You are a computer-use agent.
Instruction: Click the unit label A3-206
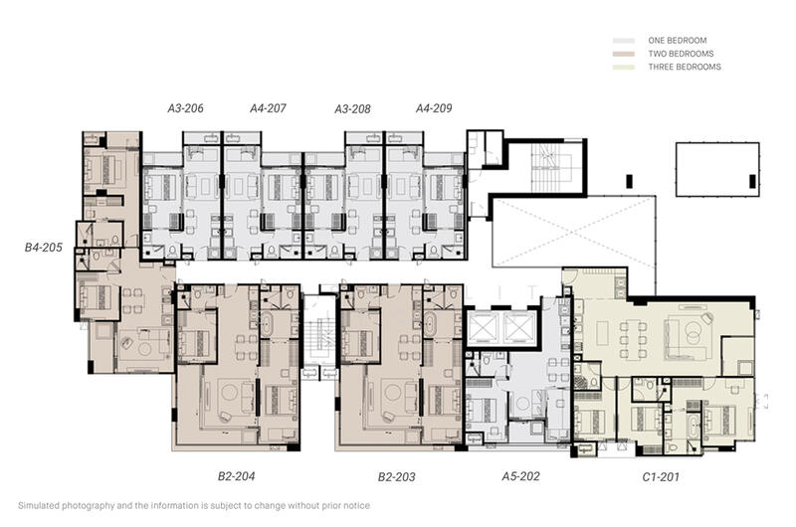pyautogui.click(x=185, y=108)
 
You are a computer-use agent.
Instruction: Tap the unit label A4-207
pyautogui.click(x=268, y=108)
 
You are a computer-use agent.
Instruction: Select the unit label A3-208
pyautogui.click(x=352, y=108)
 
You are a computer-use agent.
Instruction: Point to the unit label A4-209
pyautogui.click(x=434, y=108)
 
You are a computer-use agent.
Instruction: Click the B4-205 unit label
pyautogui.click(x=44, y=247)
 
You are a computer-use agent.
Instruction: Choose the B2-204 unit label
pyautogui.click(x=236, y=475)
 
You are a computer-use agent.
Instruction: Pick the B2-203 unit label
pyautogui.click(x=396, y=476)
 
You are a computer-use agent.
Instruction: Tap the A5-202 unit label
pyautogui.click(x=520, y=475)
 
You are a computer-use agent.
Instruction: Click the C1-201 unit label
pyautogui.click(x=661, y=476)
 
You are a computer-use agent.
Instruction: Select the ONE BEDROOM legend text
pyautogui.click(x=678, y=40)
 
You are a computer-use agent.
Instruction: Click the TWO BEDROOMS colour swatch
pyautogui.click(x=624, y=54)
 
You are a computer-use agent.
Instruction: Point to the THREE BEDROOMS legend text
pyautogui.click(x=685, y=67)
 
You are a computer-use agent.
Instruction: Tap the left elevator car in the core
pyautogui.click(x=485, y=327)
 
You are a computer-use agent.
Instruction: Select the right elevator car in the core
pyautogui.click(x=518, y=327)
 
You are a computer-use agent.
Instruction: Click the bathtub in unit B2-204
pyautogui.click(x=267, y=323)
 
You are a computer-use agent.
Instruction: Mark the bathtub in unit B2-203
pyautogui.click(x=430, y=323)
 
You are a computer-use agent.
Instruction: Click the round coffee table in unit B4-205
pyautogui.click(x=144, y=349)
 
